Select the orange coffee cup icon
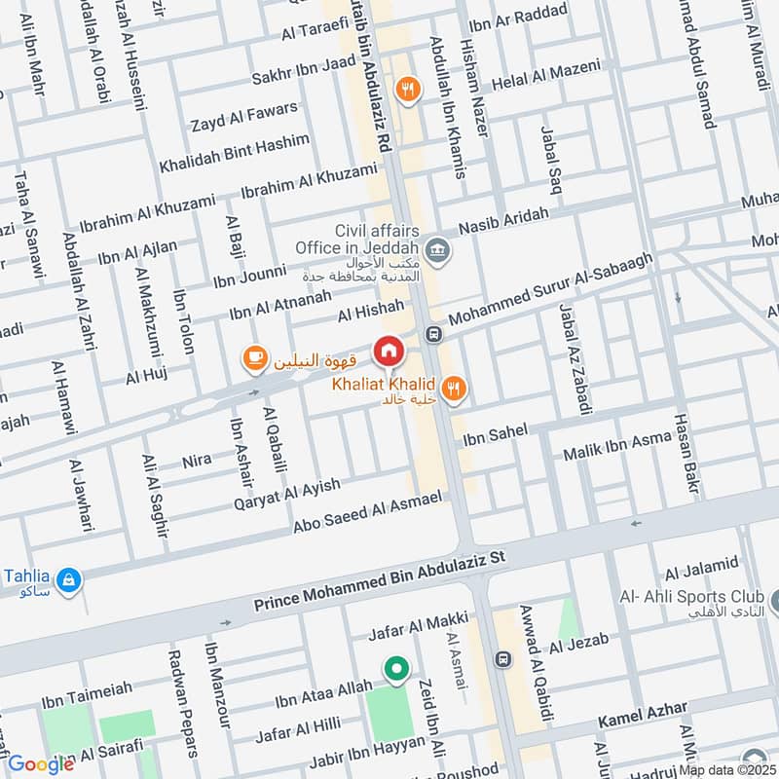point(255,360)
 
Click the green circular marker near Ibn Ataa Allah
point(395,669)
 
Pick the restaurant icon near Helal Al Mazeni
point(407,90)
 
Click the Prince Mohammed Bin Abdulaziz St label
point(381,582)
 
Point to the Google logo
point(41,764)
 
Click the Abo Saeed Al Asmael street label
point(368,513)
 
